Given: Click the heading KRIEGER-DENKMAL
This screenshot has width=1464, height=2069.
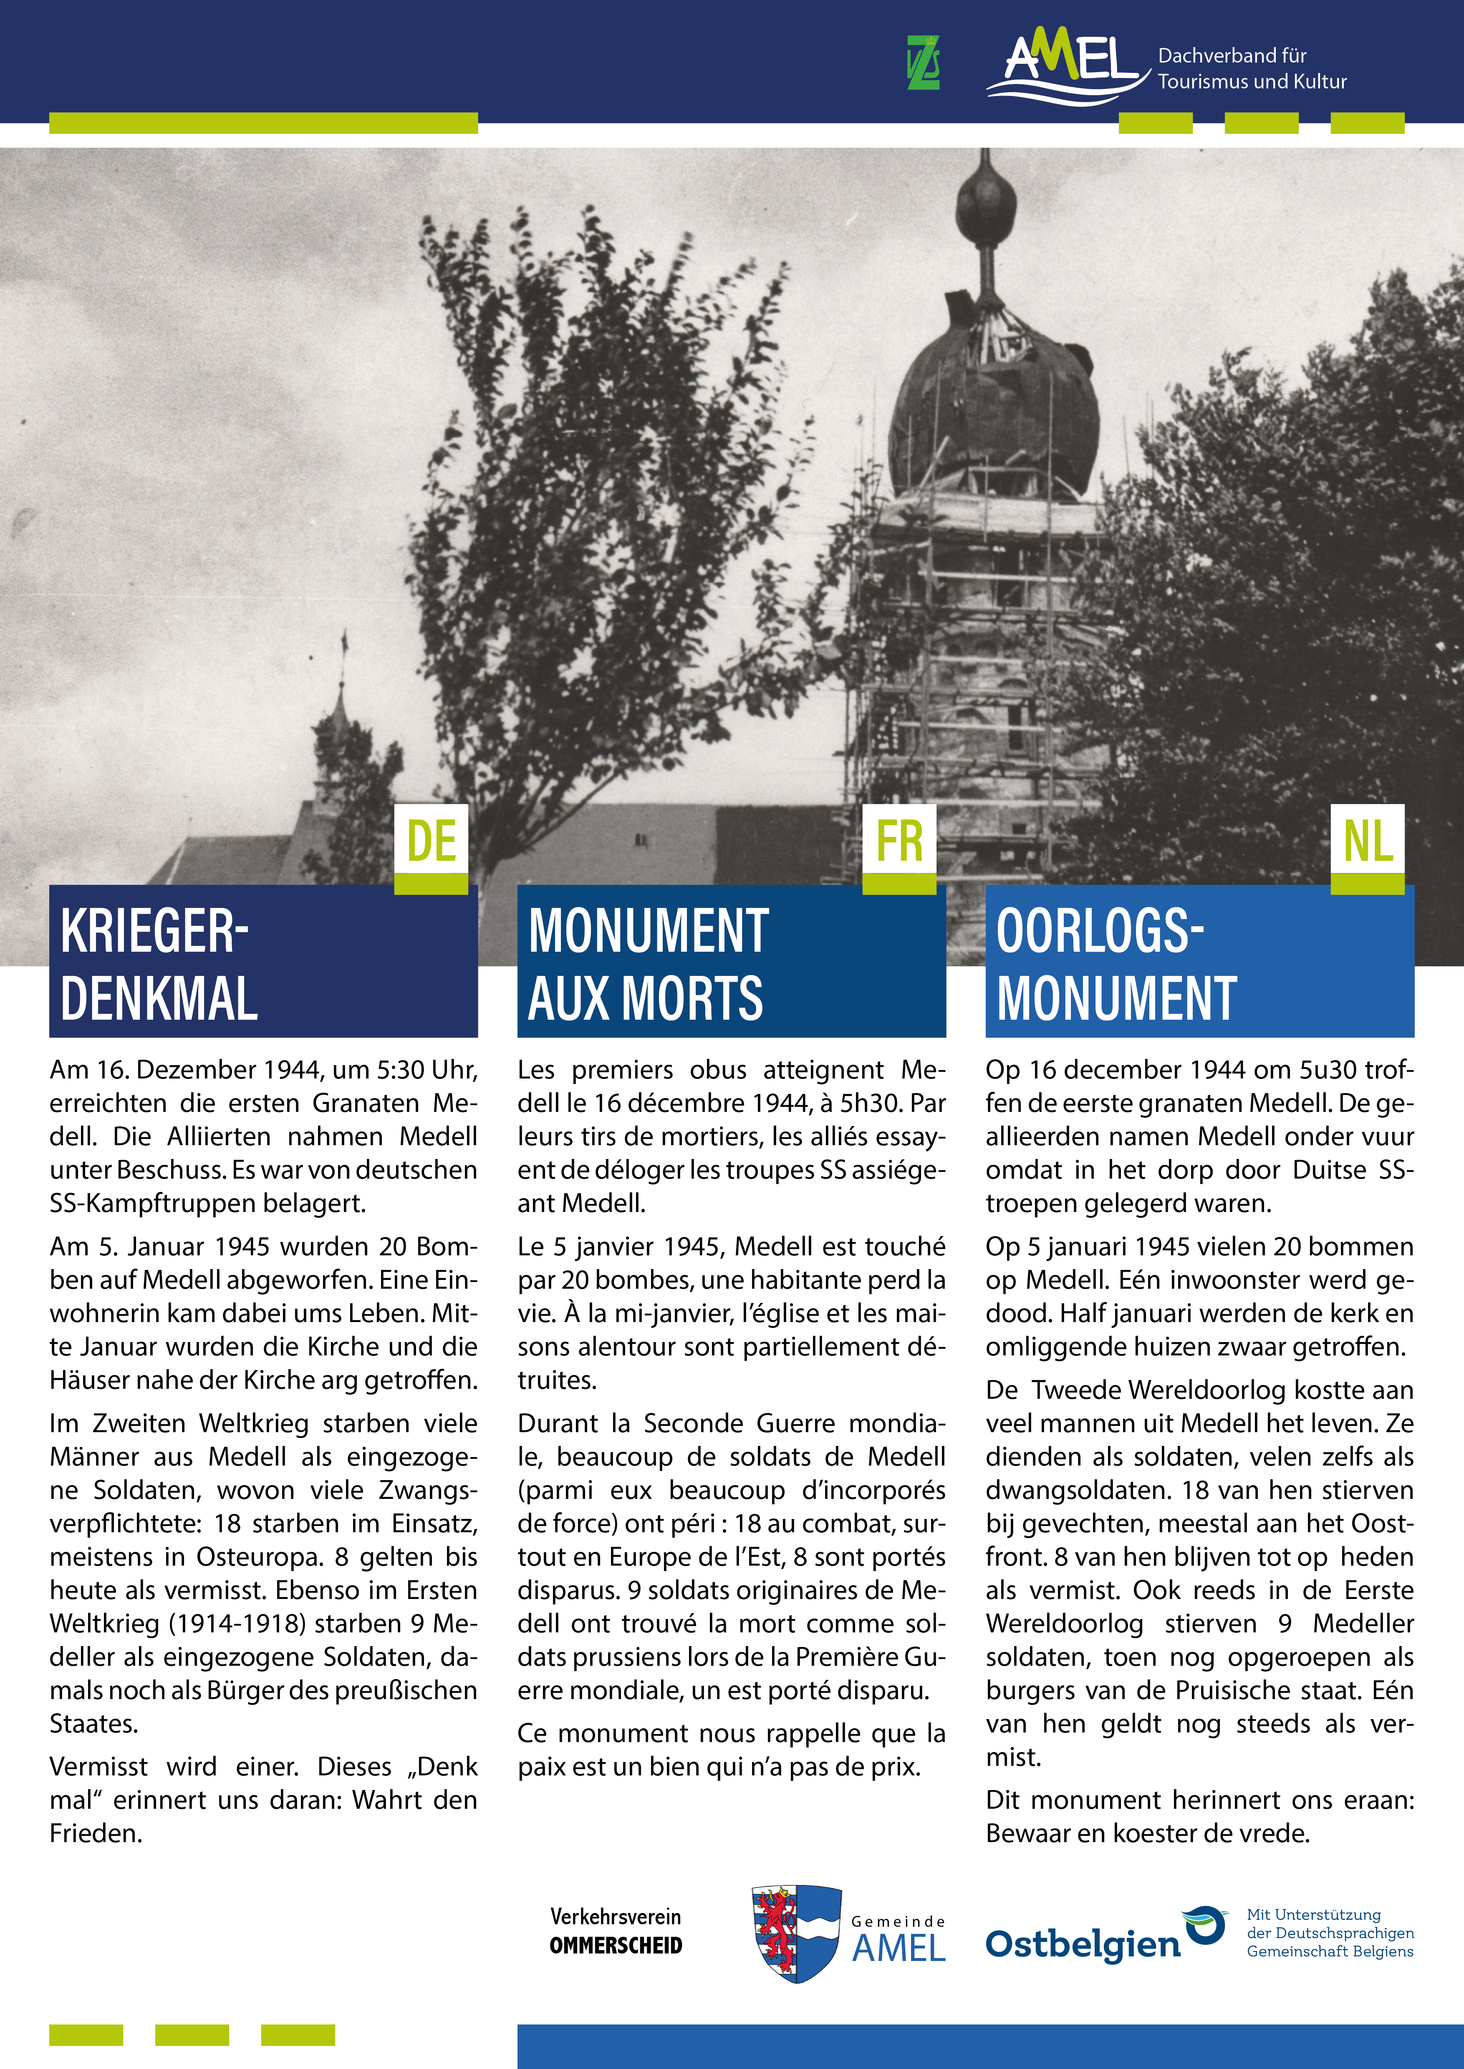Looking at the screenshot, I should [x=159, y=964].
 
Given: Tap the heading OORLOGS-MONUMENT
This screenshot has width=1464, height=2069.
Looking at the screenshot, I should [x=1116, y=964].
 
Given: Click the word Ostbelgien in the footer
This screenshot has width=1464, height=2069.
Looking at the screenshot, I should [x=1082, y=1945].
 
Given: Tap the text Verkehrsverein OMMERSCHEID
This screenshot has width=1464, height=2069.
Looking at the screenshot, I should [x=616, y=1931].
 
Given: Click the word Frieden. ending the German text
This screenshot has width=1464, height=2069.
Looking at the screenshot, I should [x=96, y=1833].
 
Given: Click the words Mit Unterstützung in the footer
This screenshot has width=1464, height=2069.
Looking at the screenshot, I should [x=1313, y=1914].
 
